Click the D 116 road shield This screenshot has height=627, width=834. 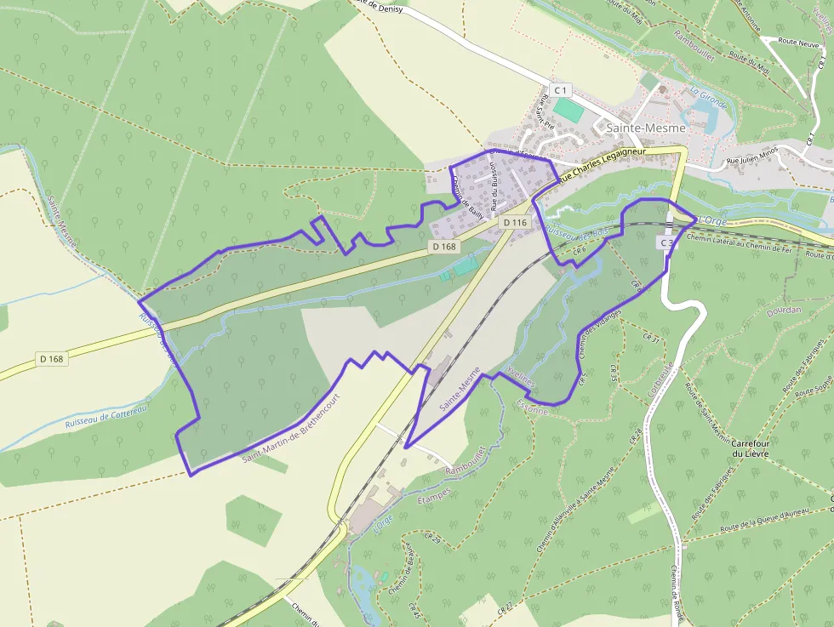516,222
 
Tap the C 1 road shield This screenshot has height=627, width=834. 560,89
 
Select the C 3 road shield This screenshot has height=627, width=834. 666,243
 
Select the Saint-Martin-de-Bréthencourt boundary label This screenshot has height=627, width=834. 291,428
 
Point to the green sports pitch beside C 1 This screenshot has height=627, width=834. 568,110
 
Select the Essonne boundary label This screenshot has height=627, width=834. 533,408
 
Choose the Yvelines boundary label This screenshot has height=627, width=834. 521,378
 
